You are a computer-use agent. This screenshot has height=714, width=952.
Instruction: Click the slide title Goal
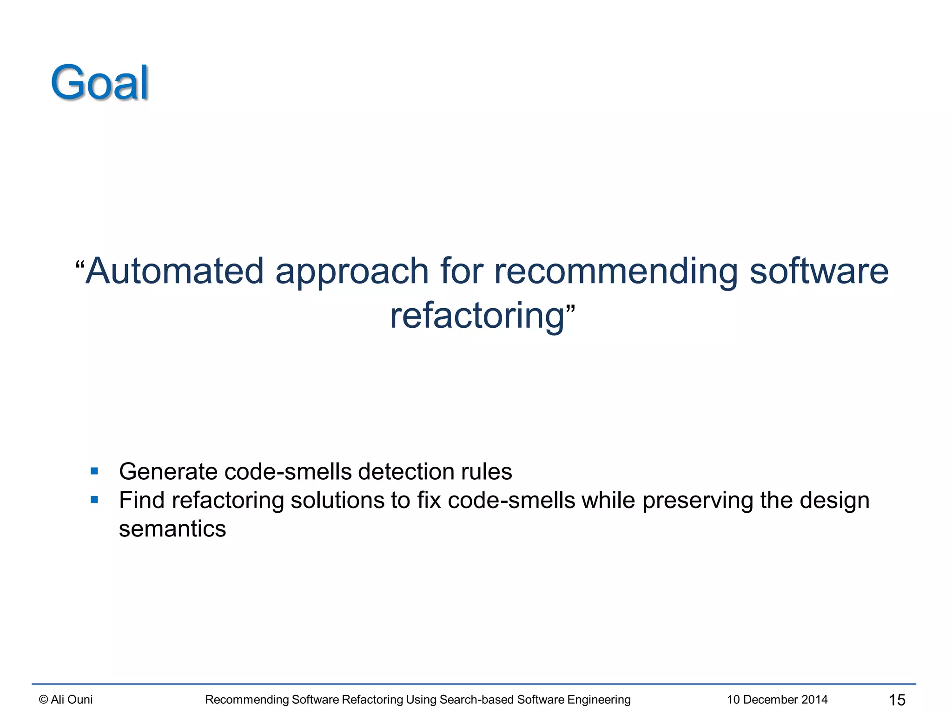[x=99, y=83]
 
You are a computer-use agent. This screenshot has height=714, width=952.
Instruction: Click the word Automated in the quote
[x=175, y=271]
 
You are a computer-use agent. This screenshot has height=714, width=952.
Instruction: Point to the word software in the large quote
[x=819, y=271]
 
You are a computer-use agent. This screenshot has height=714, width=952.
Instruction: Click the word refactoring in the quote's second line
[x=477, y=316]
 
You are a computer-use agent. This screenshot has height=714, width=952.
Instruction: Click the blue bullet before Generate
[x=95, y=471]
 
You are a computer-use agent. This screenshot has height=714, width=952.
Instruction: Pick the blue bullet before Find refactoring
[x=95, y=500]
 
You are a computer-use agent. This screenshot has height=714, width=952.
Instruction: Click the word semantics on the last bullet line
[x=172, y=529]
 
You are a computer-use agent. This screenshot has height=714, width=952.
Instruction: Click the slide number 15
[x=897, y=700]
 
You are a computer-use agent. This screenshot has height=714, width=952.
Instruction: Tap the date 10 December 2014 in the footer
[x=777, y=700]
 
